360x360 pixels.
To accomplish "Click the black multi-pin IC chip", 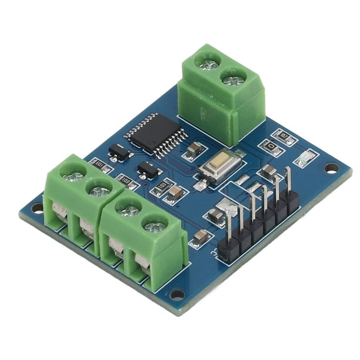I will click(147, 135).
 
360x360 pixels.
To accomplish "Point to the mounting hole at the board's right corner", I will click(331, 168).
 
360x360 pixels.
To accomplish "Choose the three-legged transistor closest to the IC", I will click(118, 152).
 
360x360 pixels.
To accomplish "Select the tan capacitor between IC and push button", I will click(194, 152).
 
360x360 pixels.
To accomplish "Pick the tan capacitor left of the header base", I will click(201, 237).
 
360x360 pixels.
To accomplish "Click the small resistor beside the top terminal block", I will click(286, 137).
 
